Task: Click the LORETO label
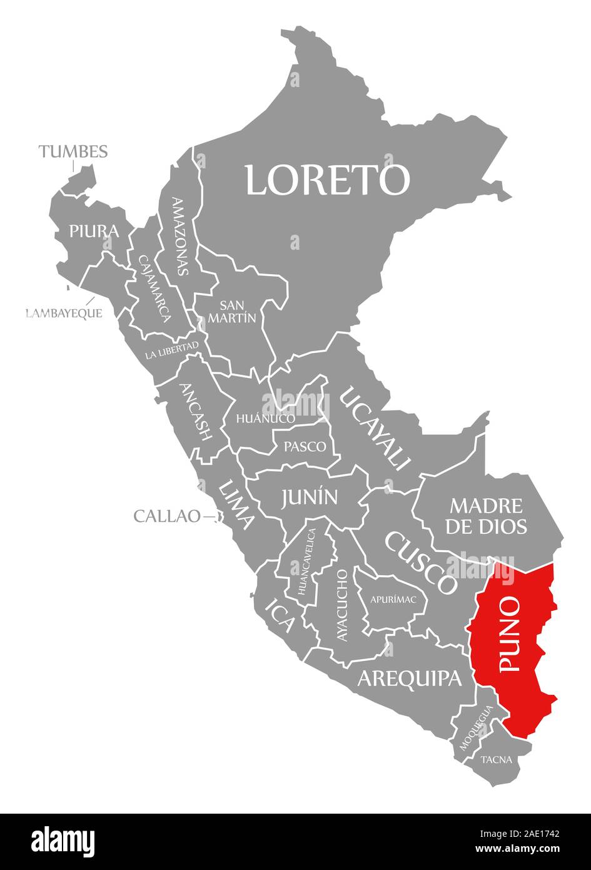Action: pyautogui.click(x=327, y=180)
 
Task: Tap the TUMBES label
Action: pyautogui.click(x=73, y=151)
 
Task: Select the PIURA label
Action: pyautogui.click(x=94, y=231)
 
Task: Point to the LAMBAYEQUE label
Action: pyautogui.click(x=64, y=313)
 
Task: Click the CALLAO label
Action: pyautogui.click(x=167, y=516)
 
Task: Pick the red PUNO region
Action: pyautogui.click(x=513, y=645)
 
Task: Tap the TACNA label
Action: pyautogui.click(x=497, y=760)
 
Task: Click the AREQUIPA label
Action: pyautogui.click(x=410, y=678)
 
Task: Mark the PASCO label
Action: pyautogui.click(x=305, y=447)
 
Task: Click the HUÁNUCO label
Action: pyautogui.click(x=265, y=417)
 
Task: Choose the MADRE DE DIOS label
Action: pyautogui.click(x=486, y=516)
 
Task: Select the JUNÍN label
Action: pyautogui.click(x=309, y=498)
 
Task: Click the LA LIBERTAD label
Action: pyautogui.click(x=171, y=351)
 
